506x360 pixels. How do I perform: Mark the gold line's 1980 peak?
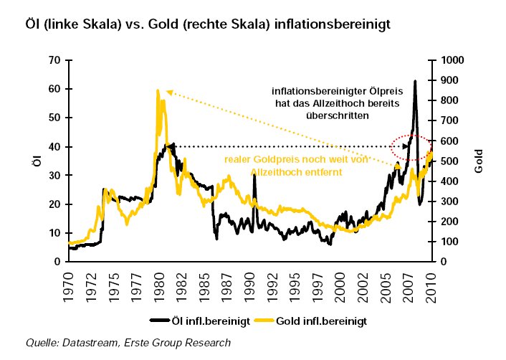click(x=157, y=91)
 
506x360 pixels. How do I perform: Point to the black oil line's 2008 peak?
click(x=414, y=81)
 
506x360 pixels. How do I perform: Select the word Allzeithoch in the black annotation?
click(x=340, y=103)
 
